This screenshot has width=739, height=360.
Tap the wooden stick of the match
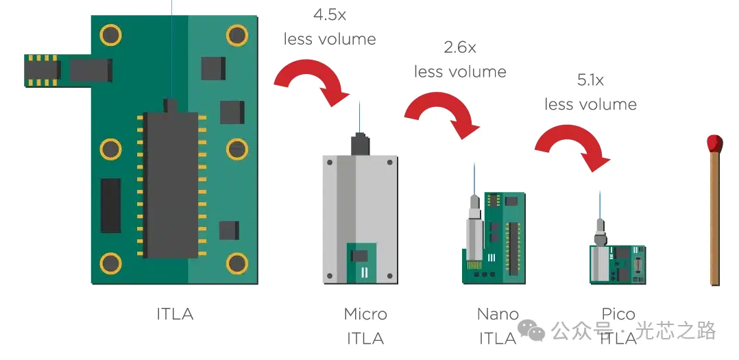(715, 217)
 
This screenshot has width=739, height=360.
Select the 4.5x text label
(330, 14)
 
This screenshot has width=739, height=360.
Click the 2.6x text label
(460, 47)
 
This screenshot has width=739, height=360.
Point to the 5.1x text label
(590, 80)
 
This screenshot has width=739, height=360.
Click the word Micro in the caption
(365, 314)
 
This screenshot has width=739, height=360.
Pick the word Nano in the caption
(498, 314)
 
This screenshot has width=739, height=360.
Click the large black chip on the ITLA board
(171, 184)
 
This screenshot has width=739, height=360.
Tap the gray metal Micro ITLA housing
(361, 219)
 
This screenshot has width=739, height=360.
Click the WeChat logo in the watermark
(531, 331)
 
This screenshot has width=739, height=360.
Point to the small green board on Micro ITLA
(361, 263)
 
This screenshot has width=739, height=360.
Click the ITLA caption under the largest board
(175, 314)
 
